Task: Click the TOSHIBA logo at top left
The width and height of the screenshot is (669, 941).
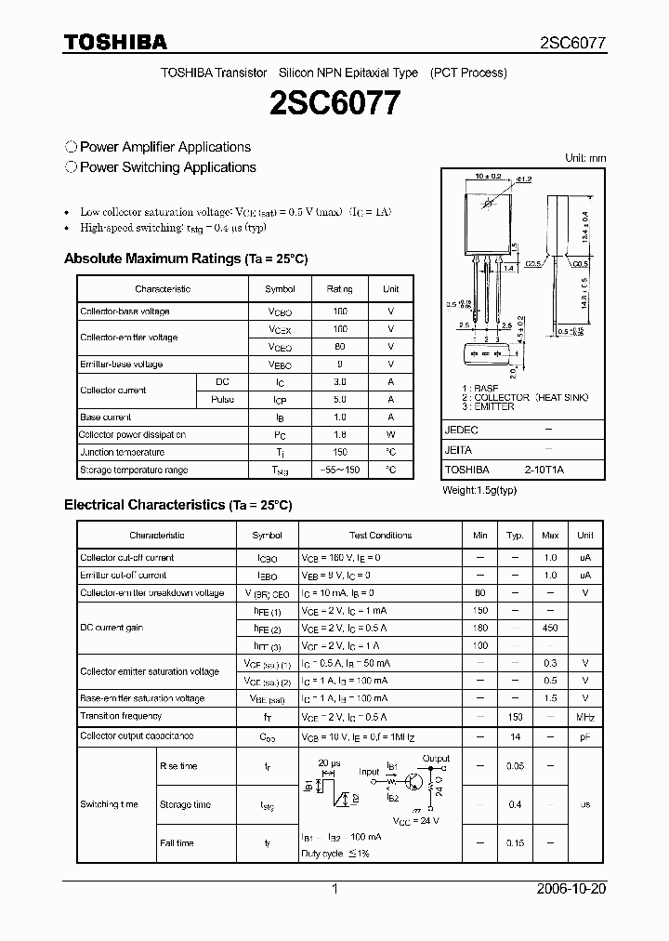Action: coord(115,42)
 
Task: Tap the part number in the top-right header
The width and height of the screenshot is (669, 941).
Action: coord(573,43)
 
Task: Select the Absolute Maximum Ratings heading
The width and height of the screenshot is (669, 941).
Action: coord(185,258)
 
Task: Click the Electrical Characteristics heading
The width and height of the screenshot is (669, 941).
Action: coord(177,505)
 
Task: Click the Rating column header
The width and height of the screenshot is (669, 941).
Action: coord(339,289)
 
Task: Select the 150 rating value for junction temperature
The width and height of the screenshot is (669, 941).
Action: coord(339,452)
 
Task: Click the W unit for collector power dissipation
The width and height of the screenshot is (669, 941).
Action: coord(391,434)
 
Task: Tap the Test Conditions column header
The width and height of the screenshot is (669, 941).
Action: coord(380,535)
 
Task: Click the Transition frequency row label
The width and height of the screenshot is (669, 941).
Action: coord(121,716)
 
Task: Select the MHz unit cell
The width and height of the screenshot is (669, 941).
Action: coord(584,717)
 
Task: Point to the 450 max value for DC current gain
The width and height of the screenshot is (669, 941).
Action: coord(550,629)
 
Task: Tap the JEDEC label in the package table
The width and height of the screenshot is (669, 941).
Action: coord(461,431)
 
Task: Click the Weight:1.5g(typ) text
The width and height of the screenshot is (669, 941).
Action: coord(479,489)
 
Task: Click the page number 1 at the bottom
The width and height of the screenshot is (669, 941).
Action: coord(334,889)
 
